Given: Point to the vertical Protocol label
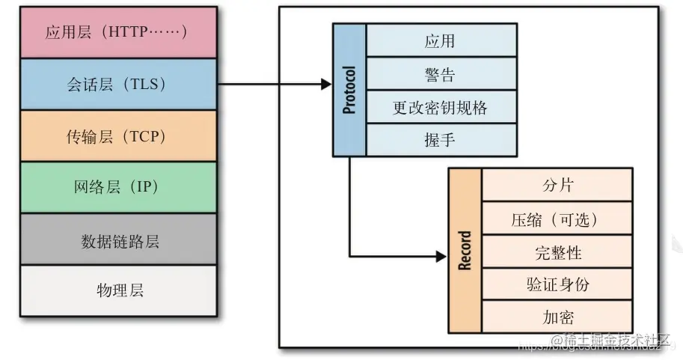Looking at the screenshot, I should [x=349, y=90].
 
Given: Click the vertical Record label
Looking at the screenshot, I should [x=465, y=251].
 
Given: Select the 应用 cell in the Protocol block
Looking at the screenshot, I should [x=441, y=40].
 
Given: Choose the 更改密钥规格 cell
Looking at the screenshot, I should [x=441, y=107].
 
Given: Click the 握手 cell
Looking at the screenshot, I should [x=441, y=139].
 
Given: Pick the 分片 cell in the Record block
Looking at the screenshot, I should [x=557, y=185].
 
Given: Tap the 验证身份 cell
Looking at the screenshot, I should [x=557, y=284].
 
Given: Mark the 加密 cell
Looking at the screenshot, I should [x=557, y=317].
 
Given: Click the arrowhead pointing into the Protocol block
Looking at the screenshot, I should [x=326, y=85].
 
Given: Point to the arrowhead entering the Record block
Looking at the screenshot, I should [x=441, y=256].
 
